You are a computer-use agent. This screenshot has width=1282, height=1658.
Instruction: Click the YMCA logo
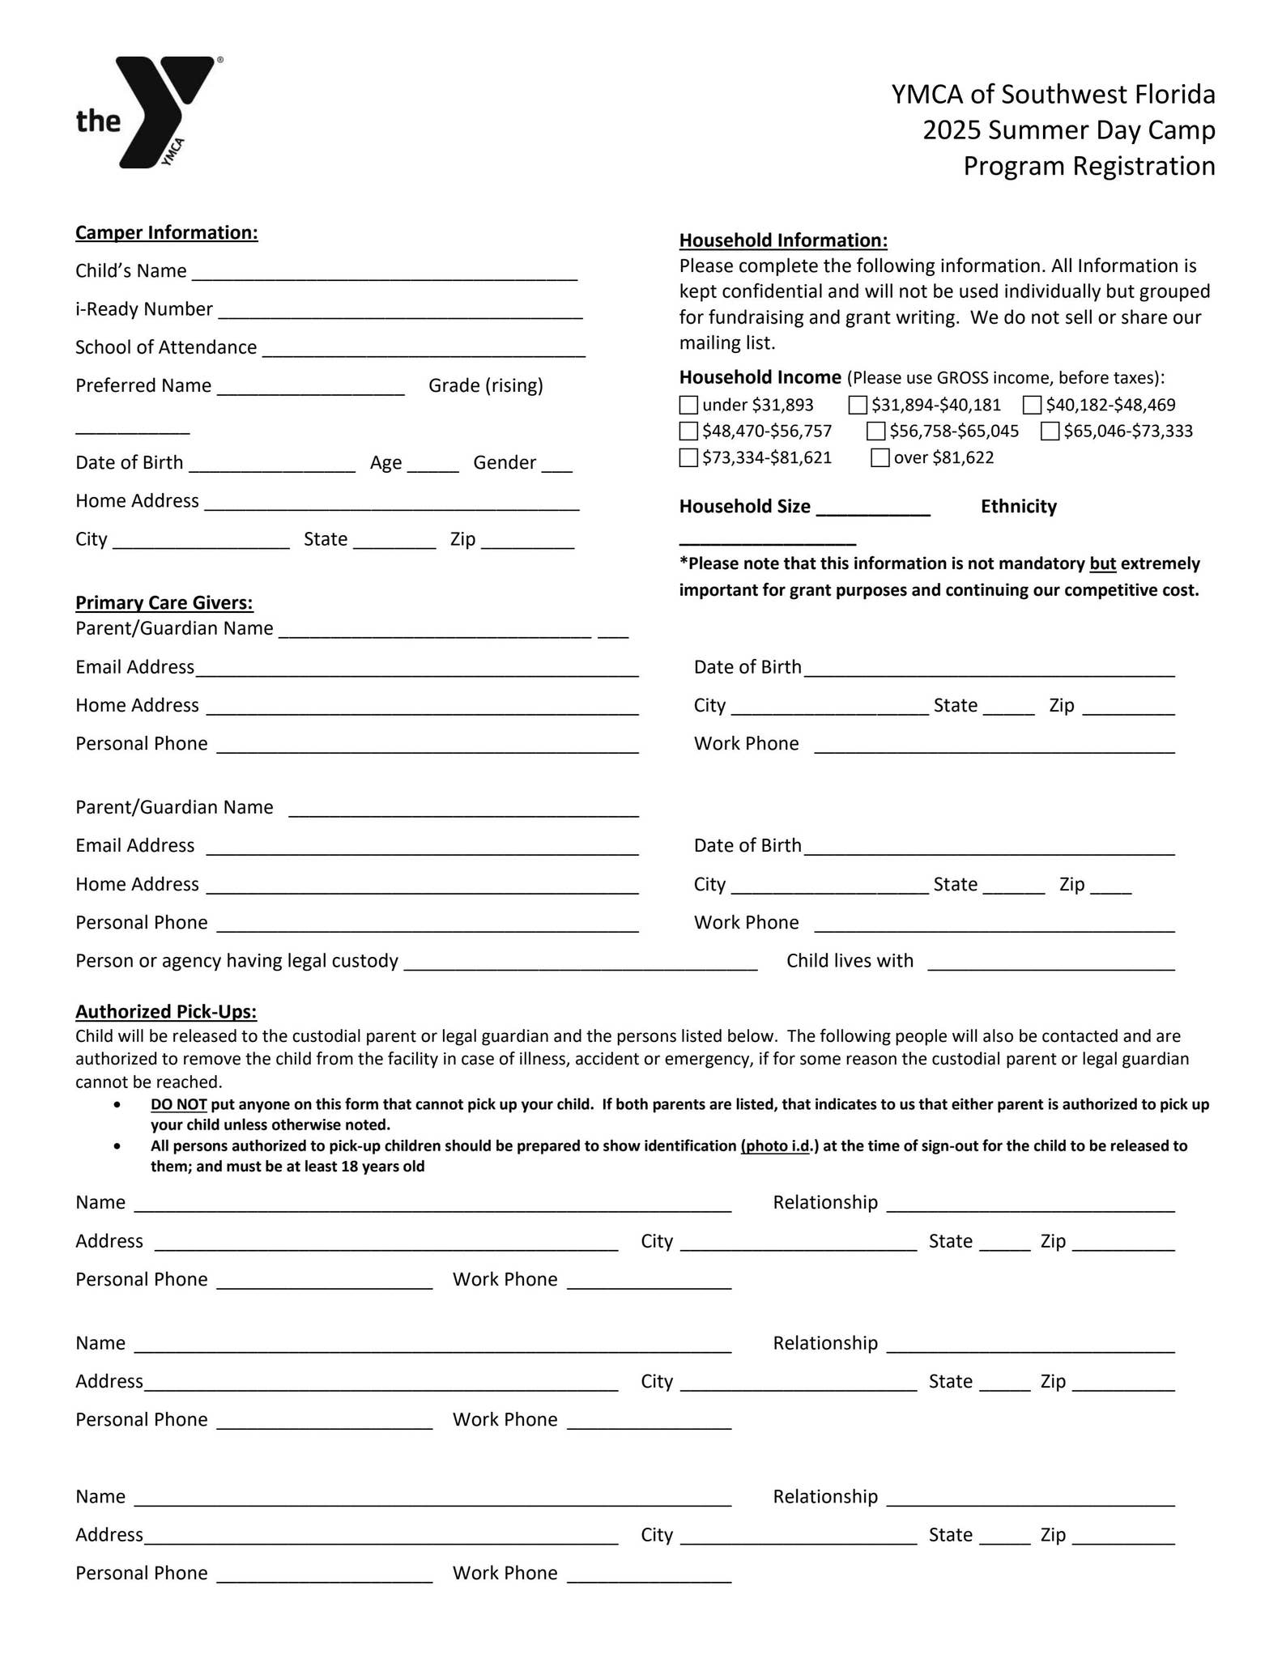(x=151, y=112)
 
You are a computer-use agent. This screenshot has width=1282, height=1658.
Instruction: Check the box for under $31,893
(x=688, y=405)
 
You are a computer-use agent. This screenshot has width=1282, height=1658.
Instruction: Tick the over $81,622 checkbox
(x=880, y=457)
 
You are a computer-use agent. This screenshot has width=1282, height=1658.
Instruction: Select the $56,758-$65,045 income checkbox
(x=875, y=431)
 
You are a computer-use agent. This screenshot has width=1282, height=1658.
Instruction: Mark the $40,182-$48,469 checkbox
(x=1032, y=405)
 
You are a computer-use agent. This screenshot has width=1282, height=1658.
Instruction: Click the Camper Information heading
(x=167, y=232)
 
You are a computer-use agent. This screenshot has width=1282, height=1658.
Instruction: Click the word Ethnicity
(x=1018, y=507)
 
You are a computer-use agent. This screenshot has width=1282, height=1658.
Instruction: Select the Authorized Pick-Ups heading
(x=166, y=1011)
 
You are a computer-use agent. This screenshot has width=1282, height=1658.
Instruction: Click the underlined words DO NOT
(x=179, y=1104)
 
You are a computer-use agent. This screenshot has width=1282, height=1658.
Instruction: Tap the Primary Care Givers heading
(x=164, y=602)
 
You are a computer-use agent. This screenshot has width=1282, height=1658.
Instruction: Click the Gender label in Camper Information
(x=505, y=462)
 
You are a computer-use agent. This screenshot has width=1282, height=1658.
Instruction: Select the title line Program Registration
(x=1088, y=166)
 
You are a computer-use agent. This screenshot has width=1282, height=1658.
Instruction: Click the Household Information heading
(x=783, y=240)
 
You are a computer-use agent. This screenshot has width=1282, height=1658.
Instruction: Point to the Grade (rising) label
(x=486, y=385)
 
